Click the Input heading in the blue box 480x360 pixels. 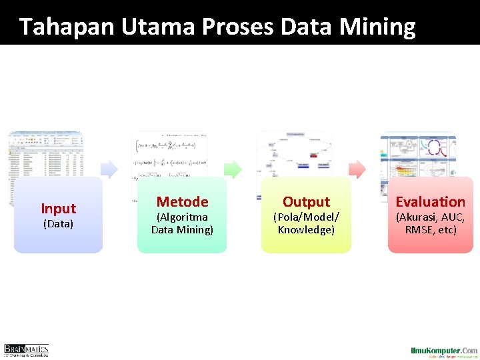(58, 209)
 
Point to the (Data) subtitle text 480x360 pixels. (58, 224)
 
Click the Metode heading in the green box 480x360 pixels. (182, 201)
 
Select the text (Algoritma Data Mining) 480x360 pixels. (182, 223)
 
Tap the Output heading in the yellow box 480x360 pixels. (306, 201)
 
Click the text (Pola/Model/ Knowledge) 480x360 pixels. (306, 223)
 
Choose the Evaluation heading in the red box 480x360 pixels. (431, 201)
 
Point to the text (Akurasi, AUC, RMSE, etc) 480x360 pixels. (431, 223)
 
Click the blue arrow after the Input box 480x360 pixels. (110, 169)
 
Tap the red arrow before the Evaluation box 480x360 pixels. (358, 169)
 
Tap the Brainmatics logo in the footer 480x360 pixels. (26, 350)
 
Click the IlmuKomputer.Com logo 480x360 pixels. (443, 351)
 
